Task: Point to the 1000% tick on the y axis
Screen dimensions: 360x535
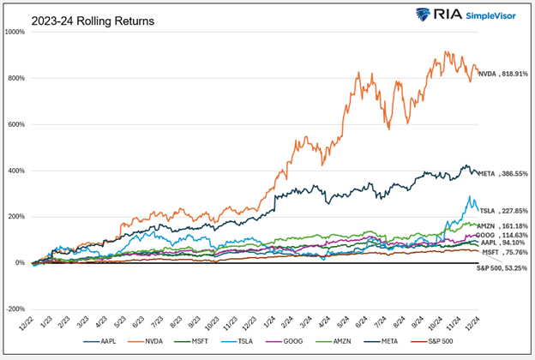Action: click(x=15, y=32)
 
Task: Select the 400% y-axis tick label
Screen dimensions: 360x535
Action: click(x=15, y=171)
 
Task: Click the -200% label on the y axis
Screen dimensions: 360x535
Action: click(x=15, y=309)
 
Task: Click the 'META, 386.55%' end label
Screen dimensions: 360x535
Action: click(x=502, y=173)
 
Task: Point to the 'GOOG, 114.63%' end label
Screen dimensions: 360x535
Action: click(x=502, y=234)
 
